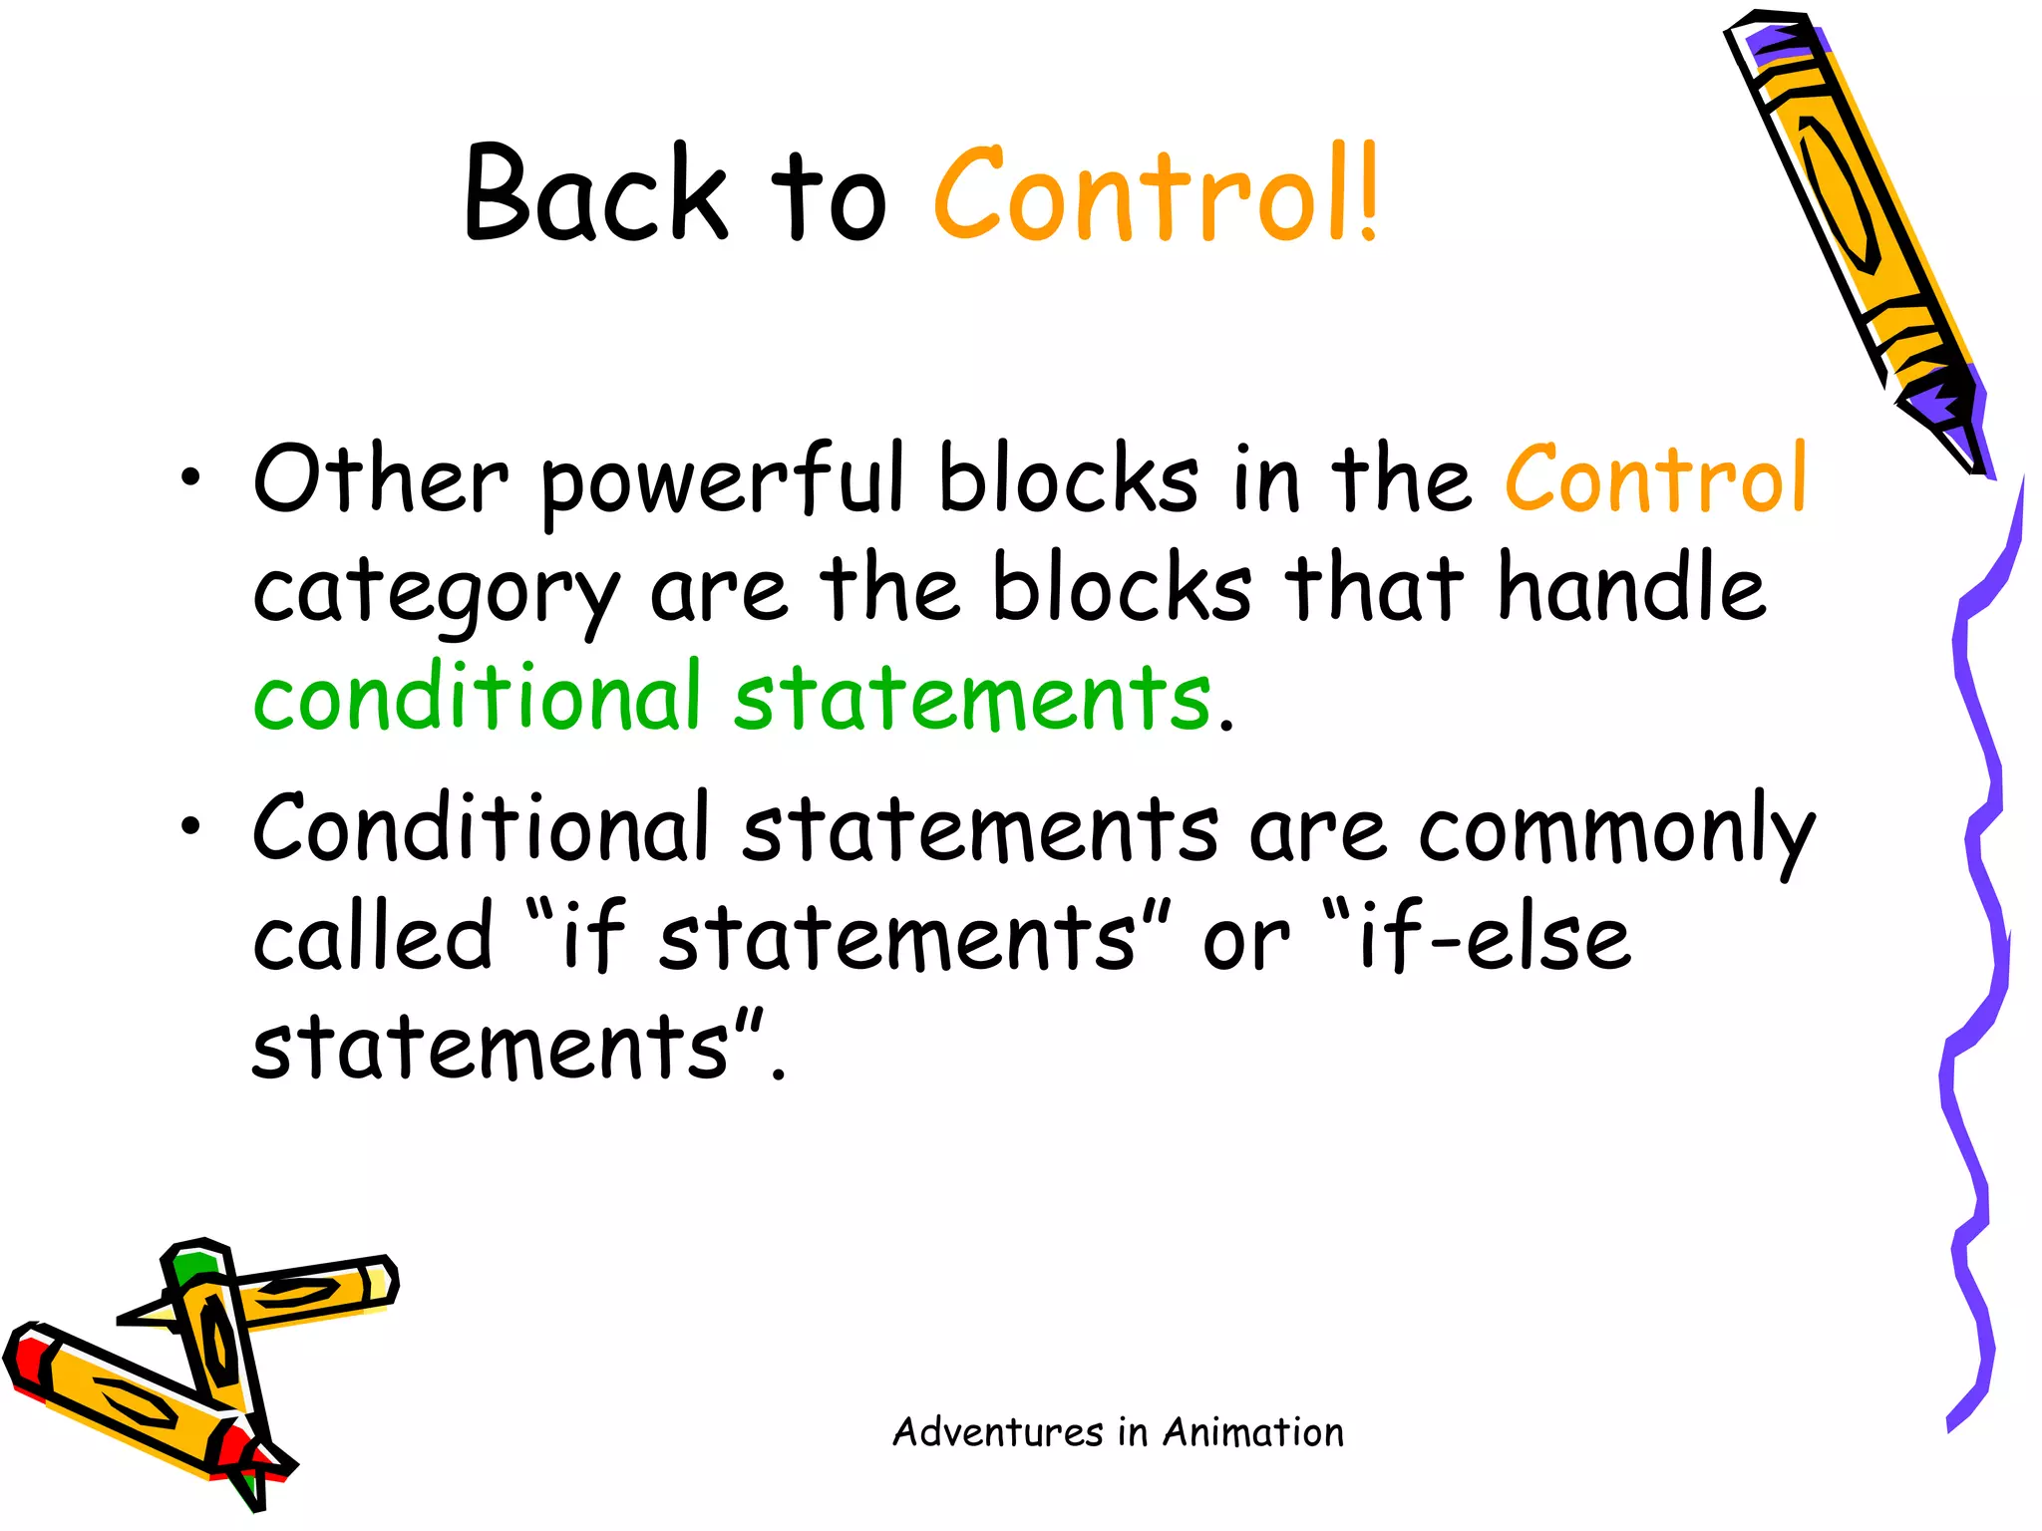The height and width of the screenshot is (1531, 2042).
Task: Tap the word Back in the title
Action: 595,194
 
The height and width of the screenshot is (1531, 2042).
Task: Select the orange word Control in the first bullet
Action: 1655,480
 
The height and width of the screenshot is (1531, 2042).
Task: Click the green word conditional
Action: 478,696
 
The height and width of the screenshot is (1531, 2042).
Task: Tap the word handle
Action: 1631,588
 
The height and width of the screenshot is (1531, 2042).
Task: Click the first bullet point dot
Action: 190,479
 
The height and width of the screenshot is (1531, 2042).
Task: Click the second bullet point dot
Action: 190,826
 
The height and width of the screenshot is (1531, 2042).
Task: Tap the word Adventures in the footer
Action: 997,1432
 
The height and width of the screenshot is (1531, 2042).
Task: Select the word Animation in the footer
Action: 1253,1432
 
